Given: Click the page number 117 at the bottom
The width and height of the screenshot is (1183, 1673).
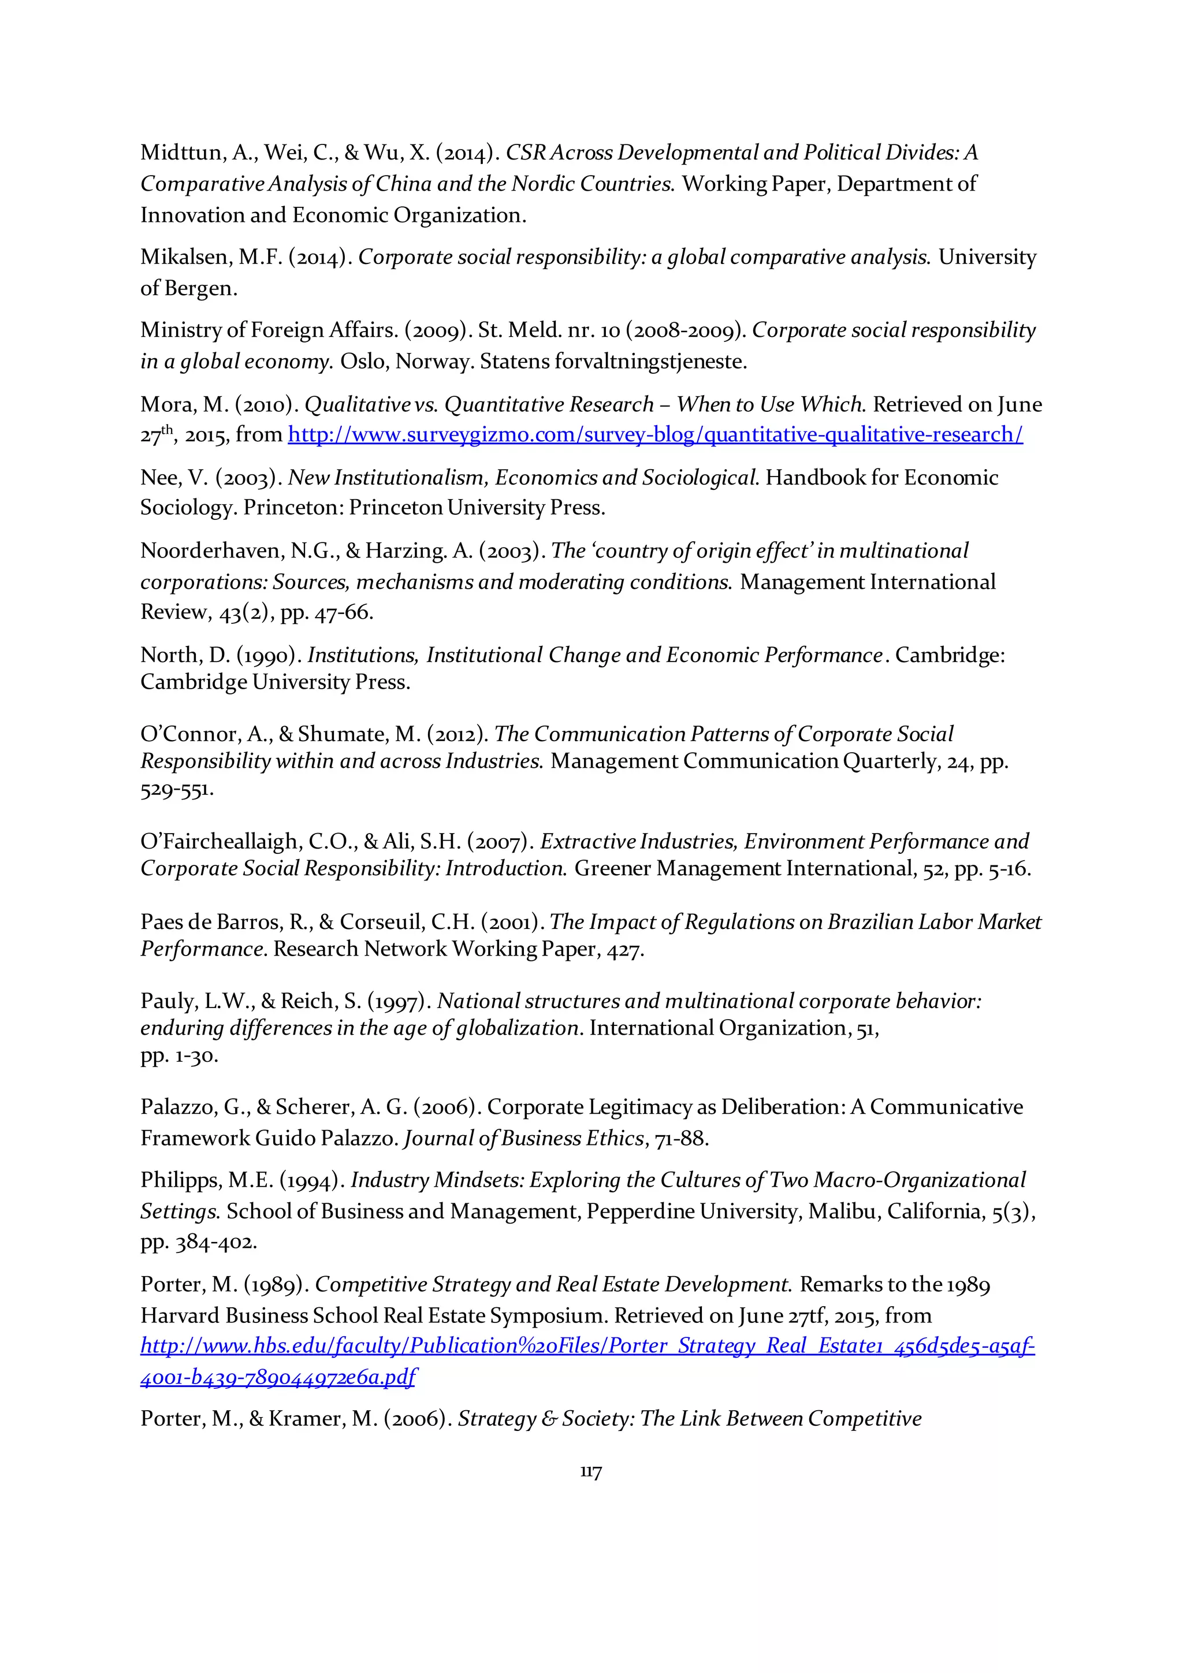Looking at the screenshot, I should (591, 1472).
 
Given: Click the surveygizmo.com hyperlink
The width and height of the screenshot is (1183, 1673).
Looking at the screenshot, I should (655, 435).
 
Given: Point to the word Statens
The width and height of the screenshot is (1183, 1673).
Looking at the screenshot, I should (515, 362).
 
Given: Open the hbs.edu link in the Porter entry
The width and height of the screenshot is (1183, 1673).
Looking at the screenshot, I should (587, 1345).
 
